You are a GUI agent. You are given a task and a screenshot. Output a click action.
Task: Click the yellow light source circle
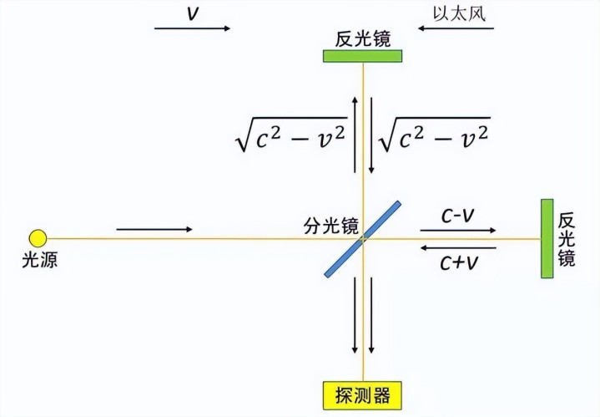(38, 238)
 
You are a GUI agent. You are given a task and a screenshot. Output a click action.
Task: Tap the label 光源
(39, 260)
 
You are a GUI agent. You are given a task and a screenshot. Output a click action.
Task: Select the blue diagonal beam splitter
(362, 239)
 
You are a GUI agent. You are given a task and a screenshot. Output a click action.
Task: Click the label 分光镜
(331, 226)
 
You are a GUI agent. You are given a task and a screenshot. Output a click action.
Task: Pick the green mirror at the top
(362, 56)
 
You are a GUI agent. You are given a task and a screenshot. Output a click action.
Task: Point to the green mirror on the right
(547, 238)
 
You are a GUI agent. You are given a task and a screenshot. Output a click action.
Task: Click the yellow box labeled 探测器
(362, 395)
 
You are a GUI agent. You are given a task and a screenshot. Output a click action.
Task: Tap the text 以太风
(459, 13)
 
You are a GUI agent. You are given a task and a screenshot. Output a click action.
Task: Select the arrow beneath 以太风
(456, 28)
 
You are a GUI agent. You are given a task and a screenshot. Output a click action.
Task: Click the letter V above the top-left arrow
(193, 13)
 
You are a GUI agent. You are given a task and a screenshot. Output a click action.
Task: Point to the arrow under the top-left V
(192, 28)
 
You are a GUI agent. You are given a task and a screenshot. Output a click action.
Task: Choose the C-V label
(457, 216)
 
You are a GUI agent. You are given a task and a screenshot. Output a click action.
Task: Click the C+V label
(459, 263)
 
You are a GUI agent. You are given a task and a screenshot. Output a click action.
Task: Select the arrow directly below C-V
(458, 231)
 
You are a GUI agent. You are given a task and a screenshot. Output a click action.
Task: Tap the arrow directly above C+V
(458, 248)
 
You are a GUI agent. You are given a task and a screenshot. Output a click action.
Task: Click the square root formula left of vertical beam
(291, 135)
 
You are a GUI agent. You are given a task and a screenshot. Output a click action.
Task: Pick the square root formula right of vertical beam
(434, 135)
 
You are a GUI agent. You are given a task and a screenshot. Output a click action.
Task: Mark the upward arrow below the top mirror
(355, 135)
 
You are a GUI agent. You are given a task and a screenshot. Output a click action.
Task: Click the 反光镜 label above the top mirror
(363, 39)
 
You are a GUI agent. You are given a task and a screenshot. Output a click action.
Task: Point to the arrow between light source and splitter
(154, 229)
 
